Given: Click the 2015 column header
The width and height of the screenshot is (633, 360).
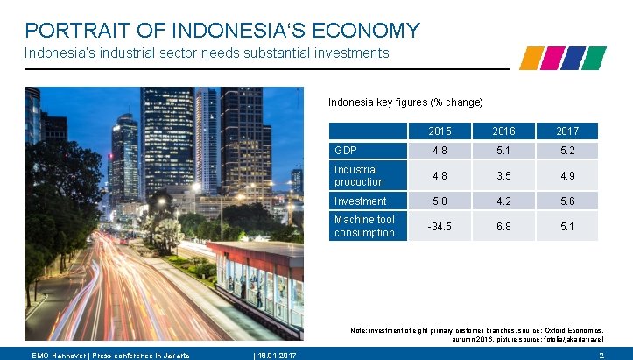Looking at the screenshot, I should click(440, 131).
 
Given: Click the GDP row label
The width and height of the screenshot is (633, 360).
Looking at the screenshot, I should click(345, 151).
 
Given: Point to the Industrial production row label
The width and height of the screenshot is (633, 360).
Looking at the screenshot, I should click(359, 176).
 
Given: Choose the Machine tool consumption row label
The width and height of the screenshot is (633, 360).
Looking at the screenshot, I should click(364, 226).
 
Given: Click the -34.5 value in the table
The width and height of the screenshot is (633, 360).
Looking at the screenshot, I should click(440, 226).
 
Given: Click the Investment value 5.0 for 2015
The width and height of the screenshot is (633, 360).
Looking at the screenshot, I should click(440, 201).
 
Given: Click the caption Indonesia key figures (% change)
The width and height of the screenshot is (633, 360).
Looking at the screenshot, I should click(405, 102).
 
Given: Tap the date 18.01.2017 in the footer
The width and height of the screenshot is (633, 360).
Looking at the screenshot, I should click(273, 355).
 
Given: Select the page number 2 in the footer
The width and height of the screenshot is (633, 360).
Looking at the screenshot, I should click(601, 355).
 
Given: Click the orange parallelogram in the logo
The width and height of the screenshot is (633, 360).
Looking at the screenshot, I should click(531, 58).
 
